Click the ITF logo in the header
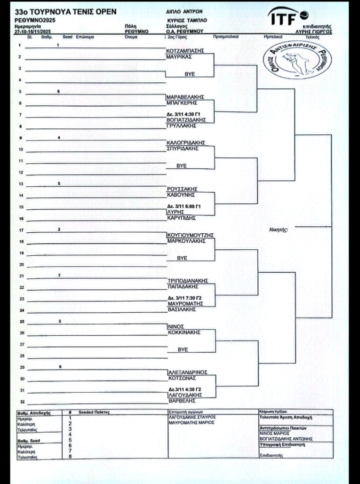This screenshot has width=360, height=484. [289, 17]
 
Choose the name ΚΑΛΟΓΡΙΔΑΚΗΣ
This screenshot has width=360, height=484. [185, 142]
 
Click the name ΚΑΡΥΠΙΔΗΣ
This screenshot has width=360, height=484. [180, 218]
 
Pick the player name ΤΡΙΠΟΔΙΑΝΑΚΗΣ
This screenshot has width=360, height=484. [187, 281]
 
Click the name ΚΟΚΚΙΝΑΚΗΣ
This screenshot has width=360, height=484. [183, 332]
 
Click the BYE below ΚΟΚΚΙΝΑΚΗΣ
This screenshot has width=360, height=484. [182, 350]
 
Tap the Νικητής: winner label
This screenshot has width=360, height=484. [278, 230]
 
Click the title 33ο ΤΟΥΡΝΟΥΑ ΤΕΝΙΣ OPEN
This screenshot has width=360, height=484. [65, 11]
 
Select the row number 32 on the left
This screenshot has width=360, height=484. [21, 401]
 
